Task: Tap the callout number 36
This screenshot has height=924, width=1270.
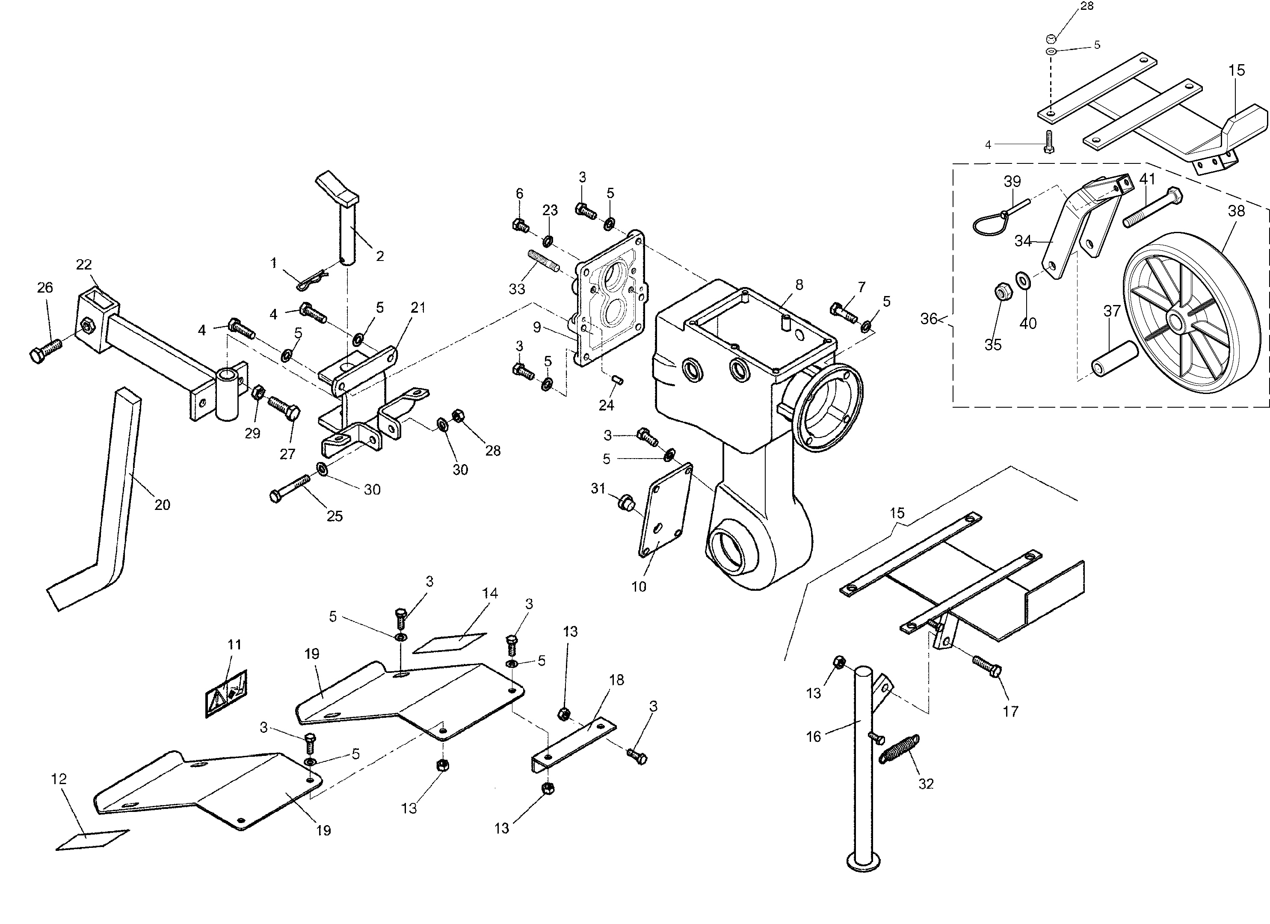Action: click(x=928, y=319)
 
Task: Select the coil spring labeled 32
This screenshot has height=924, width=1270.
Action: click(x=899, y=749)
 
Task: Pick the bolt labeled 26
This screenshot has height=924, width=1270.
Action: click(x=45, y=352)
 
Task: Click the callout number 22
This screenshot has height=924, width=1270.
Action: click(x=83, y=264)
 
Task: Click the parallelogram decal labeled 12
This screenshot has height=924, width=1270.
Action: click(x=93, y=839)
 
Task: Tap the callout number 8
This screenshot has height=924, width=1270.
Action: click(x=799, y=285)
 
